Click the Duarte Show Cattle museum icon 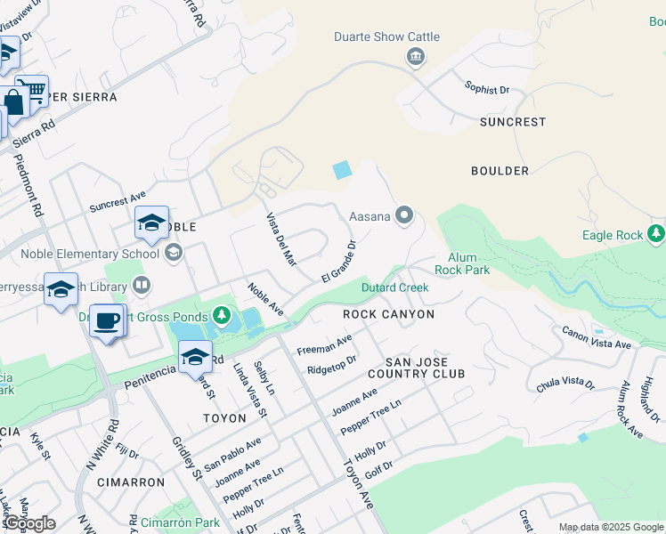(x=415, y=58)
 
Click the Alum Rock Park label (x=462, y=263)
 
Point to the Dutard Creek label (x=394, y=287)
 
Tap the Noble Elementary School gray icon (x=173, y=254)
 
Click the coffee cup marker (x=107, y=321)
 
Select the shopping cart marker (x=32, y=90)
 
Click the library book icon (x=141, y=286)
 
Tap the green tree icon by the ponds (x=221, y=315)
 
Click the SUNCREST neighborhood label (x=512, y=121)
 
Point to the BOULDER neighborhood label (x=499, y=171)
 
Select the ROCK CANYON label (x=389, y=314)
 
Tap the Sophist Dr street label (x=487, y=89)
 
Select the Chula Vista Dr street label (x=565, y=383)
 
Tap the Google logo (x=29, y=522)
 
